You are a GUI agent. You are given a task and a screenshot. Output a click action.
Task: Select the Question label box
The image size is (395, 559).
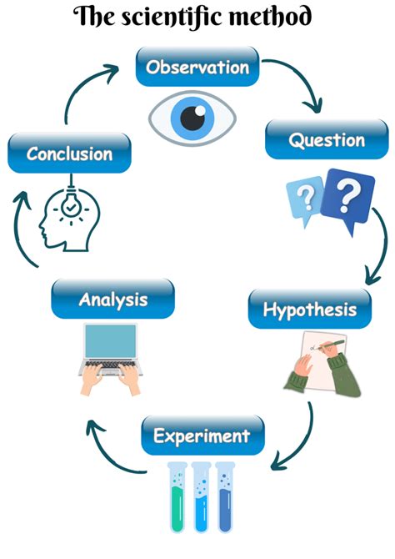327,140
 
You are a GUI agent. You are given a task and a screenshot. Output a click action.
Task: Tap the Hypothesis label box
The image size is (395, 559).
309,310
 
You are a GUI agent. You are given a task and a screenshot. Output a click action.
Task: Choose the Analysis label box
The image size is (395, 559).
112,299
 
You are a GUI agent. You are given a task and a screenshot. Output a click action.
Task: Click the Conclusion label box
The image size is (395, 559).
69,154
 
